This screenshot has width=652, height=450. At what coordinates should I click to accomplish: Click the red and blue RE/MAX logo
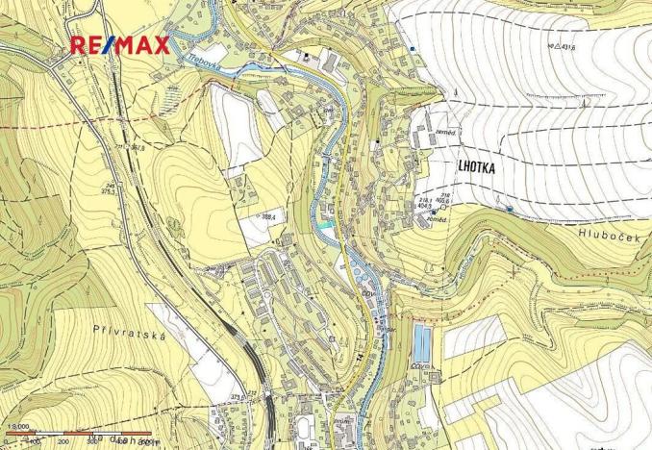click(121, 43)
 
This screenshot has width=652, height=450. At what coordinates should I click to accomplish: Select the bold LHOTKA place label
click(470, 166)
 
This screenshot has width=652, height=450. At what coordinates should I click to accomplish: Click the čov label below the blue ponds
click(420, 364)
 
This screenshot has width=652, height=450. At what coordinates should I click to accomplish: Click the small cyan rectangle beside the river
click(330, 224)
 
